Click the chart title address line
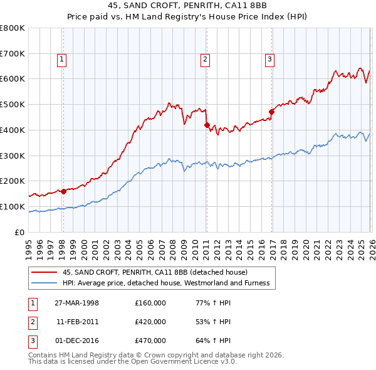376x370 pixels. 188,6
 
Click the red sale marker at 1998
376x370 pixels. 63,191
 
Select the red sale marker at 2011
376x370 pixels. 206,125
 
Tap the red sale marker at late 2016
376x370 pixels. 271,112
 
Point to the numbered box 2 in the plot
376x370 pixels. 205,60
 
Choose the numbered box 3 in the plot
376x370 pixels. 269,60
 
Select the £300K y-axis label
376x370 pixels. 13,156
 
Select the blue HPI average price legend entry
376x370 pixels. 165,283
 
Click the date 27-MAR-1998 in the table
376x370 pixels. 78,303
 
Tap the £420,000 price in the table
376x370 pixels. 150,322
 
